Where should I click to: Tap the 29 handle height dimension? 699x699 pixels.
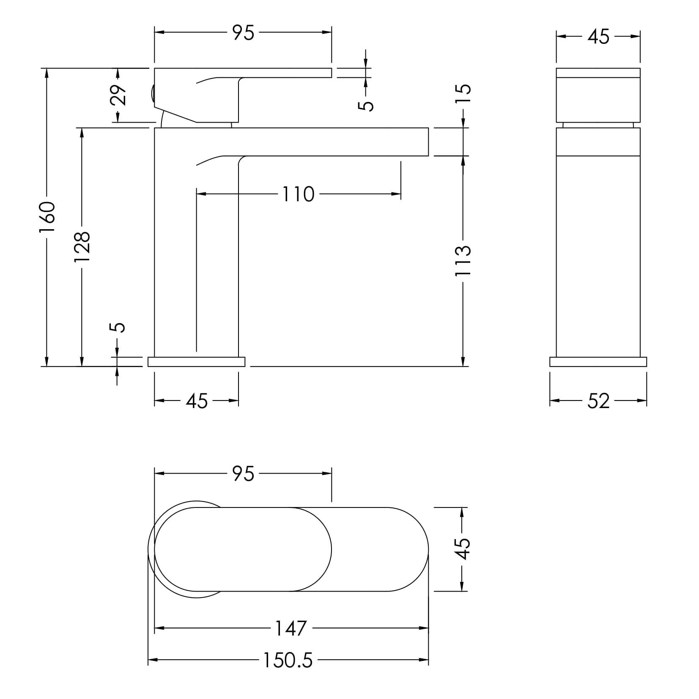tap(118, 95)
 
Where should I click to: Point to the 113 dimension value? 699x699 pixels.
tap(463, 261)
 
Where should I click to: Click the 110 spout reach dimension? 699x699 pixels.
tap(298, 195)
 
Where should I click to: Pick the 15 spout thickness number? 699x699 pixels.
tap(463, 94)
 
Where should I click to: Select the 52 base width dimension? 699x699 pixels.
tap(598, 401)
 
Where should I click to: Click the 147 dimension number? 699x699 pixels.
tap(291, 628)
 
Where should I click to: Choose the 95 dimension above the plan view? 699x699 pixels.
tap(244, 474)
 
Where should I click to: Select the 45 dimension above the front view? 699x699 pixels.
tap(598, 37)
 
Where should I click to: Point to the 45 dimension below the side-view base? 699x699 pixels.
tap(197, 401)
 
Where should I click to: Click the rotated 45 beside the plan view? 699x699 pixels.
tap(463, 549)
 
